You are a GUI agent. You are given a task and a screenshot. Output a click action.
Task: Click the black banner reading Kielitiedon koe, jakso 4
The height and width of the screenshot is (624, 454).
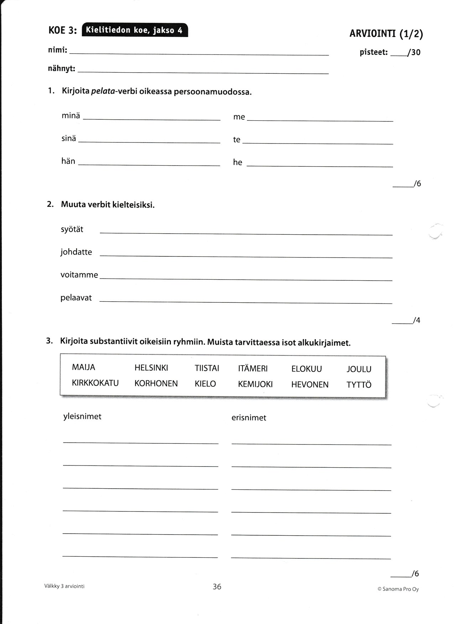pos(135,30)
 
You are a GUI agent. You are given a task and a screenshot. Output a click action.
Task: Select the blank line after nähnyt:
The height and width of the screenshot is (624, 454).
pos(203,71)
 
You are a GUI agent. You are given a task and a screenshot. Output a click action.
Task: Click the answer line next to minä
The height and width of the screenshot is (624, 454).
pos(152,118)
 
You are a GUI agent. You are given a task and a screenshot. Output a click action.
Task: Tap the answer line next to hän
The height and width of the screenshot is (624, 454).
pos(149,163)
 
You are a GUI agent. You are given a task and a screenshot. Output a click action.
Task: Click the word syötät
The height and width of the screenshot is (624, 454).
pos(72,229)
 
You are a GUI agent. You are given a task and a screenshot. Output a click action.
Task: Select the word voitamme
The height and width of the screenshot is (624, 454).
pos(79,275)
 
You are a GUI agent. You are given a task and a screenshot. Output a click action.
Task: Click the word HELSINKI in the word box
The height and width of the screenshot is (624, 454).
pos(151,368)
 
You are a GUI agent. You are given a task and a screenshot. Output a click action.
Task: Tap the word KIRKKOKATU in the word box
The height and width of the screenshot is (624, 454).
pos(95,383)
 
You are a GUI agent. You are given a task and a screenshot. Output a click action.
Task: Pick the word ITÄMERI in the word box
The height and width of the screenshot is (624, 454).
pos(253,369)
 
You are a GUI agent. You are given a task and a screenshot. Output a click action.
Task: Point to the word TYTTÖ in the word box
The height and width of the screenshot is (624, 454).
pos(359,385)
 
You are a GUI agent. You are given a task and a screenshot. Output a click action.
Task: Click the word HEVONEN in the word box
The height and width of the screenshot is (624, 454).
pos(310,385)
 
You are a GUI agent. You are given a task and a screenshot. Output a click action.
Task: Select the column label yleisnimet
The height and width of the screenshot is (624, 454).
pos(82,416)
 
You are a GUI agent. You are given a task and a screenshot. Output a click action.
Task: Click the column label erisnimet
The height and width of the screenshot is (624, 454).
pos(249,418)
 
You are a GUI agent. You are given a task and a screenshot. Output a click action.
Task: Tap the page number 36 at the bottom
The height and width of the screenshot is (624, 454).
pos(217,587)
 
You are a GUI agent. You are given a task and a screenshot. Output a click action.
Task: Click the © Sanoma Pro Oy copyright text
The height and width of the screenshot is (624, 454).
pos(398,589)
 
